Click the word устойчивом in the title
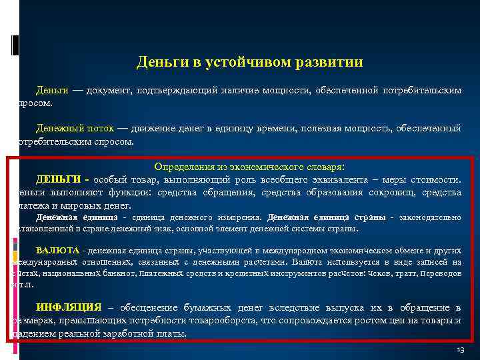[x=241, y=63]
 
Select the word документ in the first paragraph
[x=107, y=89]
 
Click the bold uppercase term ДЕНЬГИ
[x=59, y=179]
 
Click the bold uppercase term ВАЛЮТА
[x=57, y=251]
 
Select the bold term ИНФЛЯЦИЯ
[x=68, y=307]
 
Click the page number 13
[x=460, y=350]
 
